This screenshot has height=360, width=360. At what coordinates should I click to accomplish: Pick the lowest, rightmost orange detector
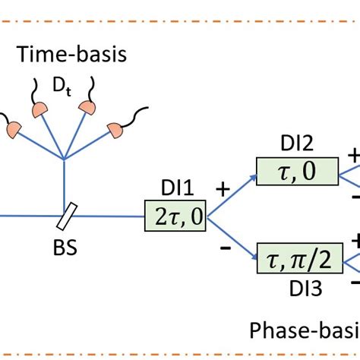click(x=116, y=131)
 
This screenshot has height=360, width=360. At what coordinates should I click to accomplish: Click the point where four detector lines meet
click(x=65, y=159)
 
